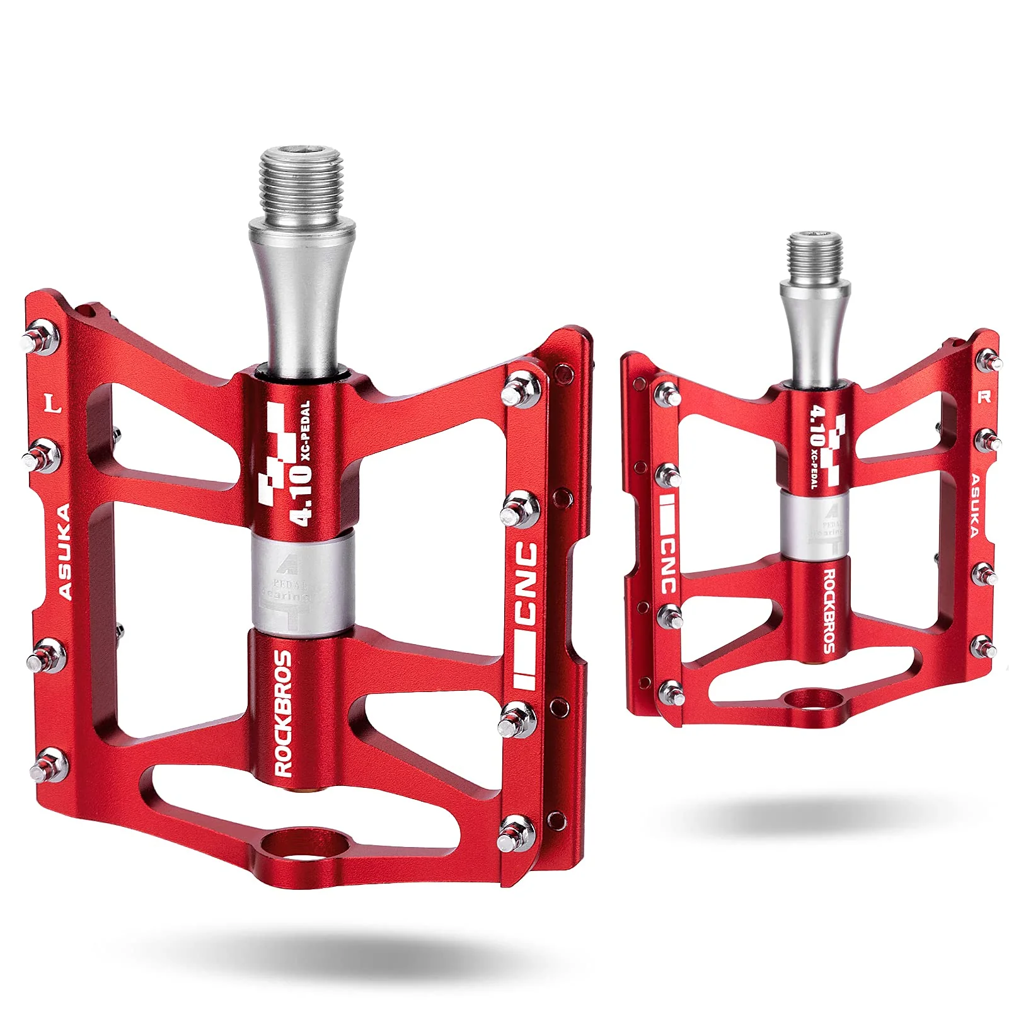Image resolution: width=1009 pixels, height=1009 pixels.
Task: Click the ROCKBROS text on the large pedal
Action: tap(284, 713)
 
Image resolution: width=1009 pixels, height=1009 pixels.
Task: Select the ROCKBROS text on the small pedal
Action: tap(830, 611)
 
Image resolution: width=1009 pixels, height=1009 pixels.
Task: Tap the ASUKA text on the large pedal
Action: tap(65, 551)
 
